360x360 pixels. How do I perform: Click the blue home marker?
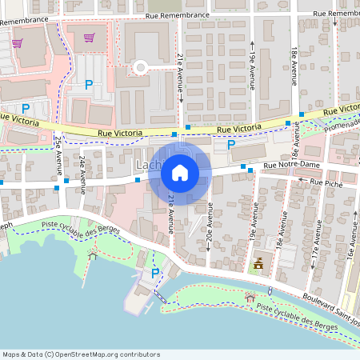pyautogui.click(x=180, y=173)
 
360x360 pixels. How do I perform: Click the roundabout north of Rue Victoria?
pyautogui.click(x=141, y=67)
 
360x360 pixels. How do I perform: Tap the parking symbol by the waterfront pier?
pyautogui.click(x=155, y=273)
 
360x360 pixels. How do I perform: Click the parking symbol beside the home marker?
pyautogui.click(x=231, y=145)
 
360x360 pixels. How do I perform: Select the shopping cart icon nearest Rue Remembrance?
pyautogui.click(x=89, y=37)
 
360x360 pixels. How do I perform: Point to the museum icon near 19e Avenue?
pyautogui.click(x=258, y=262)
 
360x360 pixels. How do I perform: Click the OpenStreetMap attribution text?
pyautogui.click(x=82, y=354)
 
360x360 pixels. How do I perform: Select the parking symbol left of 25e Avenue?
pyautogui.click(x=26, y=109)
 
